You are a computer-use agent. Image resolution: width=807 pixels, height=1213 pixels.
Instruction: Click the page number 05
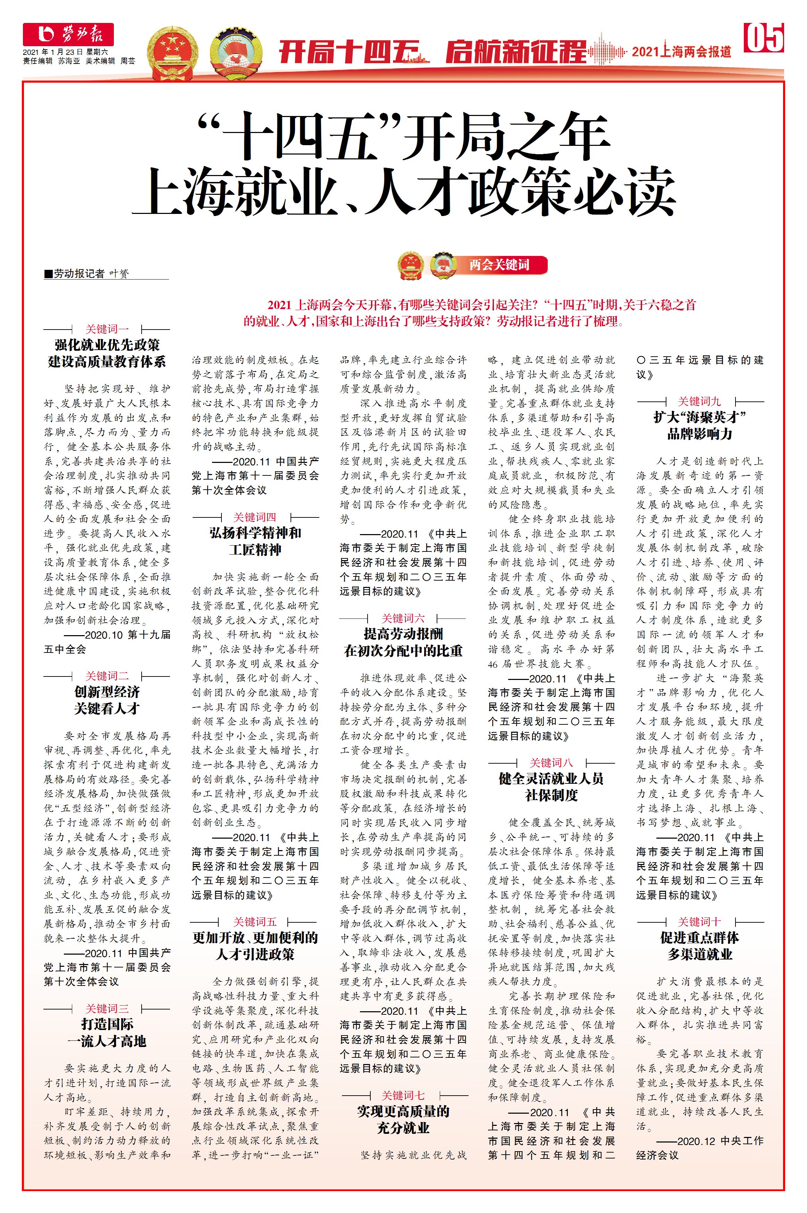[x=764, y=37]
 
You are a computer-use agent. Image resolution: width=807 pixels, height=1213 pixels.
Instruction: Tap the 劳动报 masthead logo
[x=68, y=34]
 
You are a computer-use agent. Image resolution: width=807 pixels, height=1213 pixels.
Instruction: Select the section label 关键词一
[x=107, y=329]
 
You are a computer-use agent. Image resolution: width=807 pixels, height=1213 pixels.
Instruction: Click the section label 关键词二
[x=107, y=675]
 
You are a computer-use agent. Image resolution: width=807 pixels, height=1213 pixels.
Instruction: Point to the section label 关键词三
[x=107, y=1008]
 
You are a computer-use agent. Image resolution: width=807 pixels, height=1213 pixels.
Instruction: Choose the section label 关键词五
[x=255, y=921]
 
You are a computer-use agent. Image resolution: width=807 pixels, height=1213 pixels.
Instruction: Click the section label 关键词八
[x=551, y=763]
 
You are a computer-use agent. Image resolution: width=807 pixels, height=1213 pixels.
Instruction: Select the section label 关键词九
[x=699, y=401]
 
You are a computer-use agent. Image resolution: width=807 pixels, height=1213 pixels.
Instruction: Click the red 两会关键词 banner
[x=499, y=265]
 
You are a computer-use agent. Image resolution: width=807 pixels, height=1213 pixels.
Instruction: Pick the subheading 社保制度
[x=551, y=796]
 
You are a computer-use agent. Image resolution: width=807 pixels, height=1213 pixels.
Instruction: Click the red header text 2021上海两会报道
[x=681, y=51]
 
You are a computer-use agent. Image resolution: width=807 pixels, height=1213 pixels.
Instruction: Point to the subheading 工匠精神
[x=255, y=550]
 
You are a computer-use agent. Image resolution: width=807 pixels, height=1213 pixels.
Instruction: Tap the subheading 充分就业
[x=403, y=1128]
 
